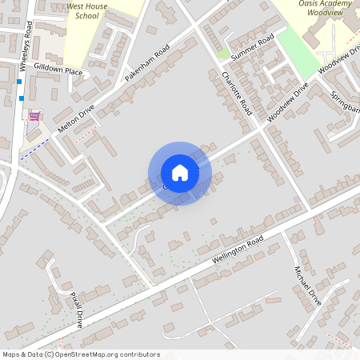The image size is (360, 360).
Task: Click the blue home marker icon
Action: (x=180, y=173)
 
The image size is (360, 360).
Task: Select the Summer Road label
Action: (x=252, y=47)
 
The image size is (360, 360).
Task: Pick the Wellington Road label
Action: (x=237, y=250)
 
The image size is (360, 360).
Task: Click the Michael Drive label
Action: (x=307, y=286)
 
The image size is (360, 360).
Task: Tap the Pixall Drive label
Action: (x=76, y=309)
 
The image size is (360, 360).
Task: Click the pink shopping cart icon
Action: (x=34, y=116)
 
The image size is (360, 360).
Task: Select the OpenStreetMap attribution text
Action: (x=81, y=354)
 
